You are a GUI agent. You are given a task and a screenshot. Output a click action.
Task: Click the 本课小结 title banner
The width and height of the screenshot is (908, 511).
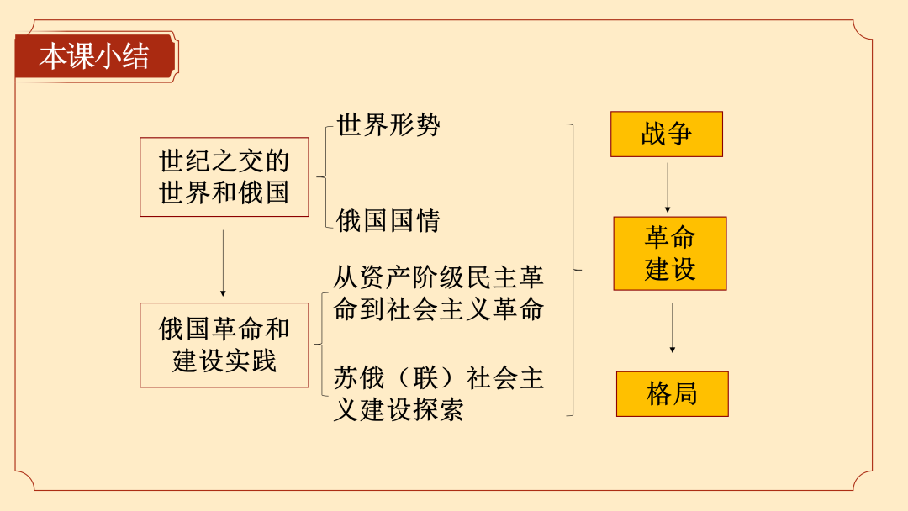click(96, 56)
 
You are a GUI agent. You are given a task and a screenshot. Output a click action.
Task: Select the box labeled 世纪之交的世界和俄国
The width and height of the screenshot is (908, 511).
click(224, 177)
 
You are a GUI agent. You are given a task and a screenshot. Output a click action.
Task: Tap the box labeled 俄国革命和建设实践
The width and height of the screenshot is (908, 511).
click(224, 345)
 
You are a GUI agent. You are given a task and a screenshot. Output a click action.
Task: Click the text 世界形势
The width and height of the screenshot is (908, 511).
click(388, 125)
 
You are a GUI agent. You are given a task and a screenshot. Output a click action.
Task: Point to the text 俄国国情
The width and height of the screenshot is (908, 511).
click(388, 220)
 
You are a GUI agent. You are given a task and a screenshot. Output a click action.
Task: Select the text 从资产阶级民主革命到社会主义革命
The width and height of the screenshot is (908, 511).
click(438, 293)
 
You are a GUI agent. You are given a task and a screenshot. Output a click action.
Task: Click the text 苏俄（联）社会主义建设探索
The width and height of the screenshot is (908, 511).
click(438, 394)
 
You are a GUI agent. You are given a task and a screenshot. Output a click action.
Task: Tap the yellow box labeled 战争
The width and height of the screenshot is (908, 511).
click(667, 134)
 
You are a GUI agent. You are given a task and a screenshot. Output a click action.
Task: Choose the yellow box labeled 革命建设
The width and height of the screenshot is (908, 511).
click(670, 254)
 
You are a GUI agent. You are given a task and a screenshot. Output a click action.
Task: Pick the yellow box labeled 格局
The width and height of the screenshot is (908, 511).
click(673, 394)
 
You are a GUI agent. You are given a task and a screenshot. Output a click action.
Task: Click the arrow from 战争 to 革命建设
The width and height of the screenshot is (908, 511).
click(668, 187)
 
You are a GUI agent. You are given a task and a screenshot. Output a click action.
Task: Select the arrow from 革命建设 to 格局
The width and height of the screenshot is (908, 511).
click(673, 328)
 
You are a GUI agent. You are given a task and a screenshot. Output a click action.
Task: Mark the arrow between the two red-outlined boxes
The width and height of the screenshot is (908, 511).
click(223, 263)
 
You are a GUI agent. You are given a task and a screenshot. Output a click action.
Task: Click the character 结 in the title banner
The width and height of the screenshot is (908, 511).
click(136, 56)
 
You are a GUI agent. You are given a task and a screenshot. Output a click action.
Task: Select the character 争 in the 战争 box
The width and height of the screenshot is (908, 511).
click(680, 134)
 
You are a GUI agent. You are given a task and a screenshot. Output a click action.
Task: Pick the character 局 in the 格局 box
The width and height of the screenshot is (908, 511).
click(686, 394)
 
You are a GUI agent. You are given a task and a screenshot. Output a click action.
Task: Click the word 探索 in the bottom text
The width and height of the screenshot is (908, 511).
click(438, 410)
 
